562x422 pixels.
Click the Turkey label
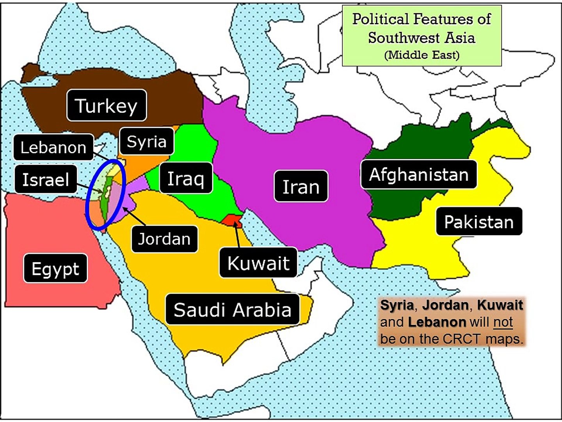pos(107,105)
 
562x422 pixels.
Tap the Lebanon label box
pos(53,147)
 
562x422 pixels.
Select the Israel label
pos(46,179)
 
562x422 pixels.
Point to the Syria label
pos(146,141)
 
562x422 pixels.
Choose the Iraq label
pos(186,178)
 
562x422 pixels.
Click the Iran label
pos(301,186)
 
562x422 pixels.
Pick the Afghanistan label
pos(419,174)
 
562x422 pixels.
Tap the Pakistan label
pos(479,222)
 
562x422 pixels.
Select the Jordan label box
pos(164,239)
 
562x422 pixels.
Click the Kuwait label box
pos(258,263)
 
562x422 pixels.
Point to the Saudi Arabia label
pos(233,309)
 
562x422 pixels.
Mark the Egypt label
pos(55,268)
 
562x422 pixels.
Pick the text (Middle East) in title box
pos(421,55)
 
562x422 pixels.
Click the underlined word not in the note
pos(503,322)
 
